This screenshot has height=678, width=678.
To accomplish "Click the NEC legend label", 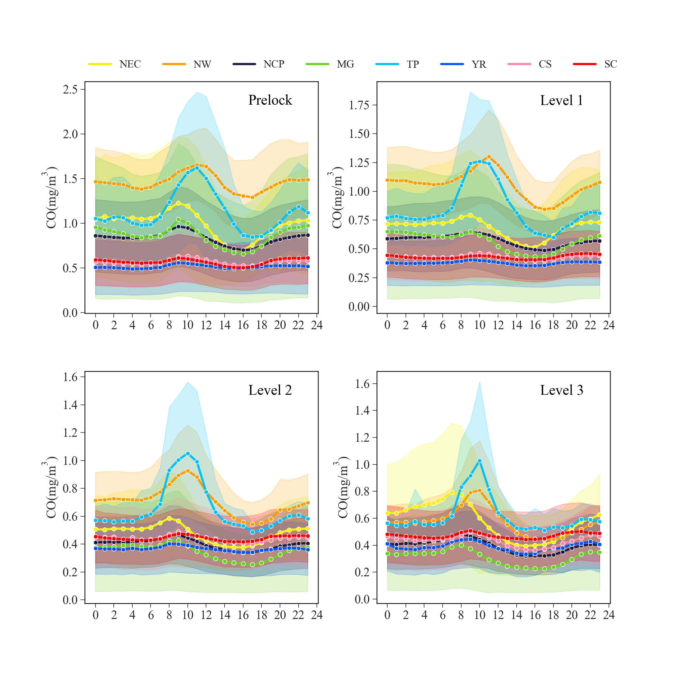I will point(130,64).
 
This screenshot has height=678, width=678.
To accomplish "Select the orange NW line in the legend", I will point(174,64).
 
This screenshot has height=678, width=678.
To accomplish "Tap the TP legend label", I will point(413,64).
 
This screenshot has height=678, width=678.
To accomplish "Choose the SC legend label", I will point(611,64).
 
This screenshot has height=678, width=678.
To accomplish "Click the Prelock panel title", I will point(270,100).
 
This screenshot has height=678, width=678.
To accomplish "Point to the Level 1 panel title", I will point(562,100).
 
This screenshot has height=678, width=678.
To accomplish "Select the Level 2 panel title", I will point(270,390).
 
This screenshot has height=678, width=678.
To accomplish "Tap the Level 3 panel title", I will point(562,390).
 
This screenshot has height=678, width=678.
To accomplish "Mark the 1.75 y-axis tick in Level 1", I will point(359,105).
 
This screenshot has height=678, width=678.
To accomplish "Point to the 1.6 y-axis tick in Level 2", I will point(70,377).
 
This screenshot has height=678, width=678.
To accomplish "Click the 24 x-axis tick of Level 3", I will point(609,615).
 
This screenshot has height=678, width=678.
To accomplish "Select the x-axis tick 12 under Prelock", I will point(206,325).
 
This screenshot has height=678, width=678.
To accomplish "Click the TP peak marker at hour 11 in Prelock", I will point(197,168).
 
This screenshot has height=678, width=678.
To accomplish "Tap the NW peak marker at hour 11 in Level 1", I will point(489,157).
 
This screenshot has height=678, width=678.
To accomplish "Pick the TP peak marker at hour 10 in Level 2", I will point(188,453).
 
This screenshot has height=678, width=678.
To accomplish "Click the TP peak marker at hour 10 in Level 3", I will point(480,461).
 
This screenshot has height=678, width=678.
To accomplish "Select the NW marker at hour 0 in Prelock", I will point(96,182).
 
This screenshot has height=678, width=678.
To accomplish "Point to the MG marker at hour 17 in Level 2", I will point(252,565).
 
